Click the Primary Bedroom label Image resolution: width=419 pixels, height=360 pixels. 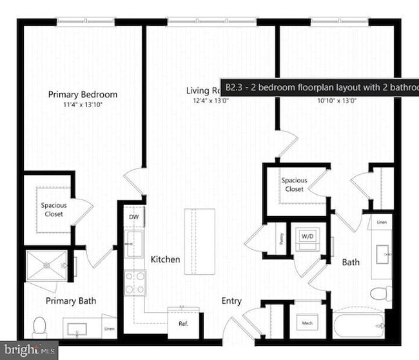click(x=83, y=94)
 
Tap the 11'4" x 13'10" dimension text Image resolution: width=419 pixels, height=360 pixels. click(x=83, y=104)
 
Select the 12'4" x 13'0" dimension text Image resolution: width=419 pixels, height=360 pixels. click(x=206, y=101)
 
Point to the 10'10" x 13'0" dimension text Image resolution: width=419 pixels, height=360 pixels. click(x=336, y=101)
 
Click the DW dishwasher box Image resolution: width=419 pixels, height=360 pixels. click(x=134, y=217)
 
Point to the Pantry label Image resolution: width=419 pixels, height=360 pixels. click(x=280, y=237)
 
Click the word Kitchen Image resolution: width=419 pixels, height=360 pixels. click(x=166, y=259)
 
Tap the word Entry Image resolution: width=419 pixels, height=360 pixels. click(x=231, y=301)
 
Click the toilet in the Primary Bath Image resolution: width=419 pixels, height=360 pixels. click(x=40, y=325)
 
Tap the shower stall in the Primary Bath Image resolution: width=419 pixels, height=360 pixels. click(x=46, y=265)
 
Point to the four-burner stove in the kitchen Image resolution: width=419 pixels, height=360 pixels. click(x=135, y=283)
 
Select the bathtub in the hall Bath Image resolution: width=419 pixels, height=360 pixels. click(x=358, y=324)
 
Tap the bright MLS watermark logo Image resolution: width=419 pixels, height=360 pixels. click(x=29, y=350)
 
